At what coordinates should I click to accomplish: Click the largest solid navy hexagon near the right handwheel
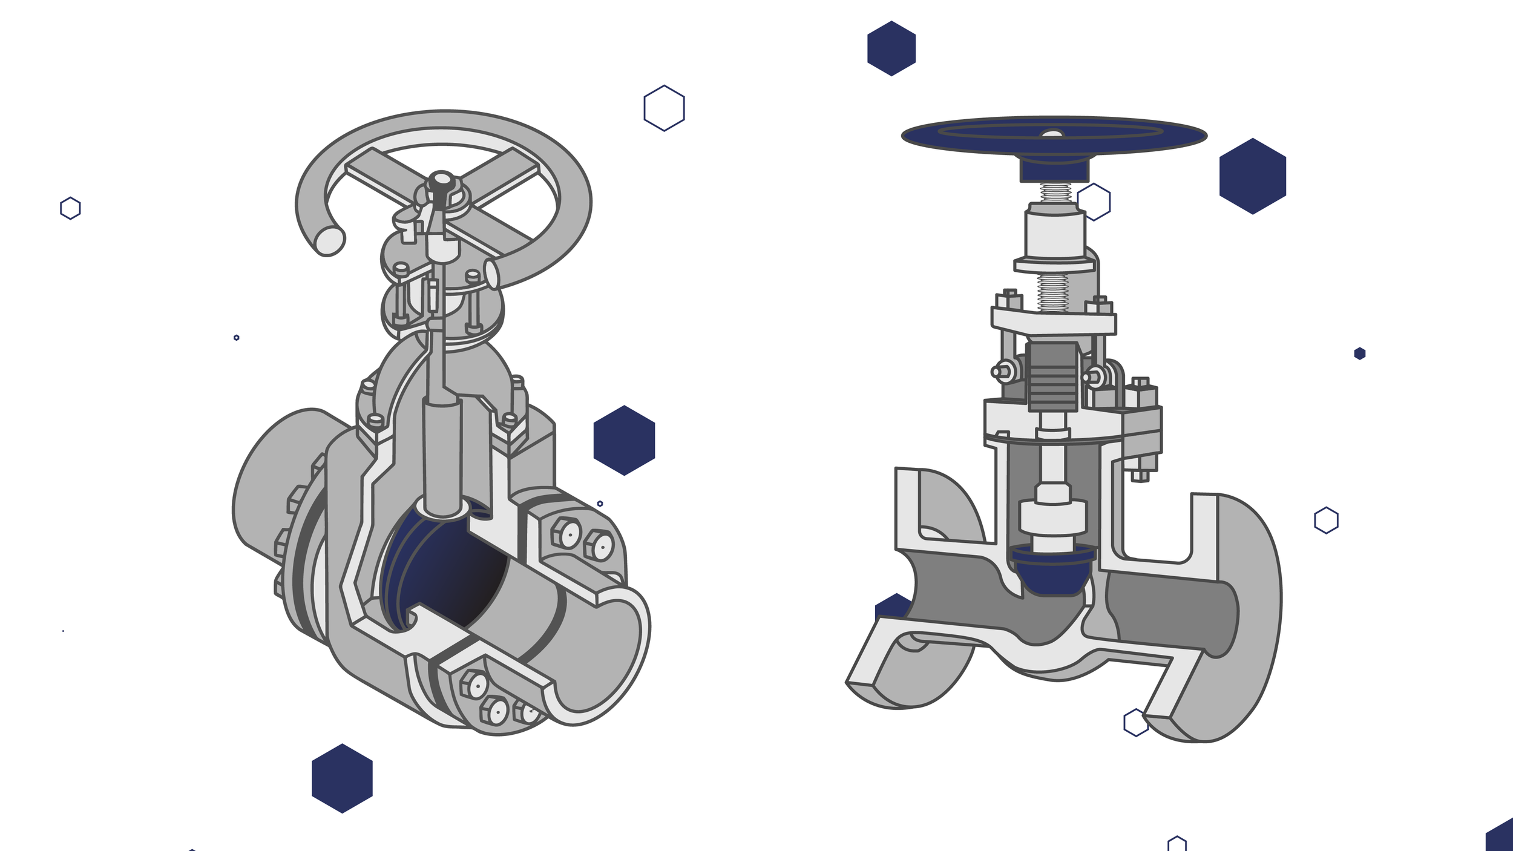(1252, 176)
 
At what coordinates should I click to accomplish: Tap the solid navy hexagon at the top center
(891, 48)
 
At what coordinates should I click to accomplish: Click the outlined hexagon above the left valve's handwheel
(664, 108)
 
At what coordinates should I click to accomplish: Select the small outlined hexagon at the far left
(70, 208)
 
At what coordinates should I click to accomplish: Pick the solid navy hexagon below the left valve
(342, 778)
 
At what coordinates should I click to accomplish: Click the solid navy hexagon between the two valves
(624, 441)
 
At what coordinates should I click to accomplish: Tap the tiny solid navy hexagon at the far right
(1359, 353)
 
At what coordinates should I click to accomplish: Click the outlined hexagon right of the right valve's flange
(1326, 521)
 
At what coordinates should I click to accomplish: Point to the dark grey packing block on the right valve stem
(1052, 376)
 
